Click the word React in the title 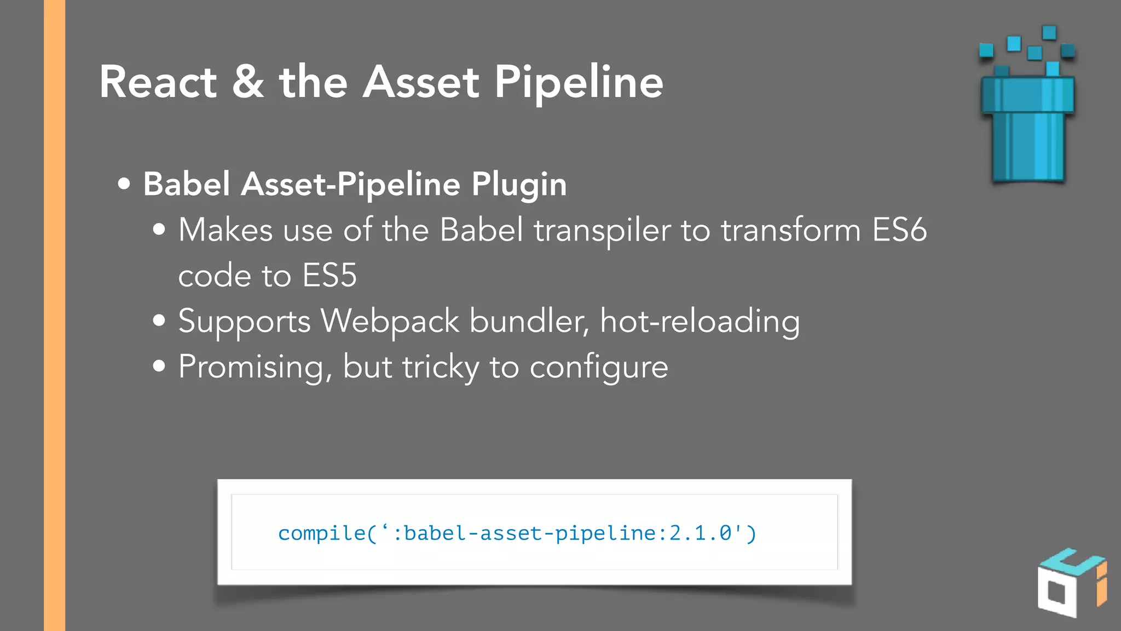pos(158,82)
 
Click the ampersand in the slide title pos(247,82)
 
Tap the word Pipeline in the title pos(579,83)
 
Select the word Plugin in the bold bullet pos(519,185)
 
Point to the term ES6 pos(899,230)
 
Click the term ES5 pos(329,276)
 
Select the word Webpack pos(390,322)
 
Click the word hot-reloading pos(700,322)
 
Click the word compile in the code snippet pos(321,533)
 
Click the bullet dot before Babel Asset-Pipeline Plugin pos(124,184)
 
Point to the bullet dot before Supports pos(159,321)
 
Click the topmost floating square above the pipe pos(1049,32)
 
